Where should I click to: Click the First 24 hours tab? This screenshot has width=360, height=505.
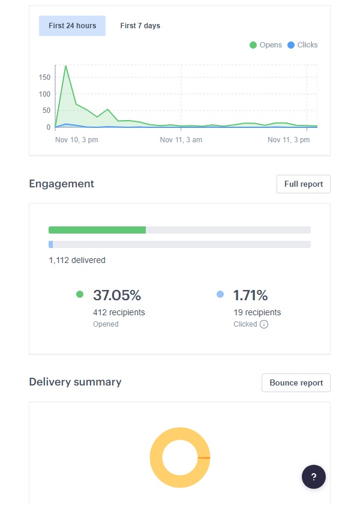(72, 26)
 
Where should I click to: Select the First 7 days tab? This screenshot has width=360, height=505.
(140, 26)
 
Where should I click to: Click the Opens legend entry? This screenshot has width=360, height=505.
(266, 45)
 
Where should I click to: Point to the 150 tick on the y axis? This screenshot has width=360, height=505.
(44, 77)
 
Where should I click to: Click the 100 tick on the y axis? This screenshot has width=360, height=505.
(44, 94)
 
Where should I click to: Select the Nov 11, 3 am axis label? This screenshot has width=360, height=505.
(181, 140)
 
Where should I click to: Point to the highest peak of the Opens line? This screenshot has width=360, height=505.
(65, 65)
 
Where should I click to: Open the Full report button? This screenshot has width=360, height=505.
(303, 184)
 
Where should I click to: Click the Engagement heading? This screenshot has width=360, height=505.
(61, 184)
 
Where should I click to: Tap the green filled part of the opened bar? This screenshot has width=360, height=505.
(97, 230)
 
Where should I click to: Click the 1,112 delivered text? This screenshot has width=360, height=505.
(77, 260)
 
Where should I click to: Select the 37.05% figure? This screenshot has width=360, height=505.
(116, 295)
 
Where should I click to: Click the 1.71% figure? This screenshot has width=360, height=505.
(250, 295)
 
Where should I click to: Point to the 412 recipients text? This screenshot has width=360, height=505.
(119, 312)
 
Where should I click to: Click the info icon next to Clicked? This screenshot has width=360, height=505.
(264, 324)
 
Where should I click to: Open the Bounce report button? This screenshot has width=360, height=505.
(296, 383)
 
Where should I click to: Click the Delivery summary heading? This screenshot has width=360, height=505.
(75, 382)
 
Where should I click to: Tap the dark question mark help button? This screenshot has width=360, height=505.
(313, 477)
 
